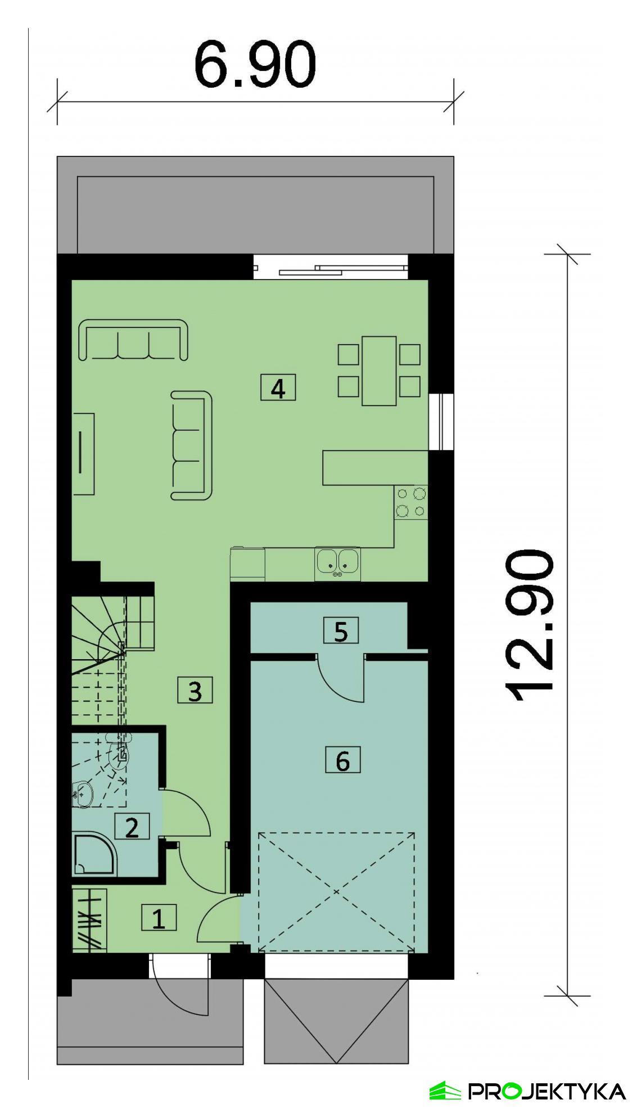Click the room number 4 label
278,388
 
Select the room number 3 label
195,691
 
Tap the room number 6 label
342,761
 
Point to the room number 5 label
341,631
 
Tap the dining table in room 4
379,371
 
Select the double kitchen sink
337,562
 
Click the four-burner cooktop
411,502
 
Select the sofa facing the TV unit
192,445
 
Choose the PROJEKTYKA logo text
547,1091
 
